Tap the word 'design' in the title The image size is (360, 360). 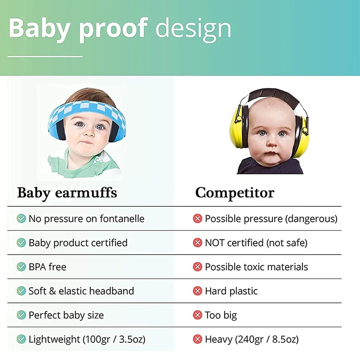(x=193, y=29)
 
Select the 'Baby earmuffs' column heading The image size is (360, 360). (x=67, y=193)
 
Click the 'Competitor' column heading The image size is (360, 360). (x=235, y=193)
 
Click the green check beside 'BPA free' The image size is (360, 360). (x=21, y=267)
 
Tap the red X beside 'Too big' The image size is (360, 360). (x=197, y=315)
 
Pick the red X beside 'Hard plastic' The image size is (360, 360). (x=197, y=291)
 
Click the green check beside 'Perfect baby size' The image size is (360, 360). (x=21, y=315)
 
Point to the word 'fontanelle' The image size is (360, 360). (x=122, y=219)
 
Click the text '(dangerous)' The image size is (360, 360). (x=311, y=219)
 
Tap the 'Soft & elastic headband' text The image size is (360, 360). (x=81, y=291)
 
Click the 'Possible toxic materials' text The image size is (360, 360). (x=256, y=267)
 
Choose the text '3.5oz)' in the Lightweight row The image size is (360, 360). (x=132, y=339)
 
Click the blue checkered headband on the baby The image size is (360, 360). (x=87, y=110)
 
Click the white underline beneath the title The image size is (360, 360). (x=45, y=56)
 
